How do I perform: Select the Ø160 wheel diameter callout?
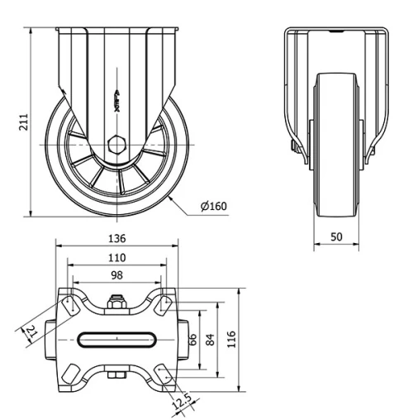point(214,206)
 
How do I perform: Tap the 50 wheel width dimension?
point(336,236)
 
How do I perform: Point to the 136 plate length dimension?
point(116,238)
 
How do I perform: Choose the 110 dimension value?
point(116,258)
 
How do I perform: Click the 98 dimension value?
point(116,274)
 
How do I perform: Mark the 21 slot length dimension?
point(31,332)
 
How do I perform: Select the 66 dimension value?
point(192,338)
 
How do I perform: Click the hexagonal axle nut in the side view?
point(116,142)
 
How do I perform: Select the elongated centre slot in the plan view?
point(116,339)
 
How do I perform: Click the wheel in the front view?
point(336,149)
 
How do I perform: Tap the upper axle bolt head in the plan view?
point(116,303)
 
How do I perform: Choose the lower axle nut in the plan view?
point(116,377)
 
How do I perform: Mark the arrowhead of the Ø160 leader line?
point(169,195)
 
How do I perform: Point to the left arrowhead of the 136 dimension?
point(58,246)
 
